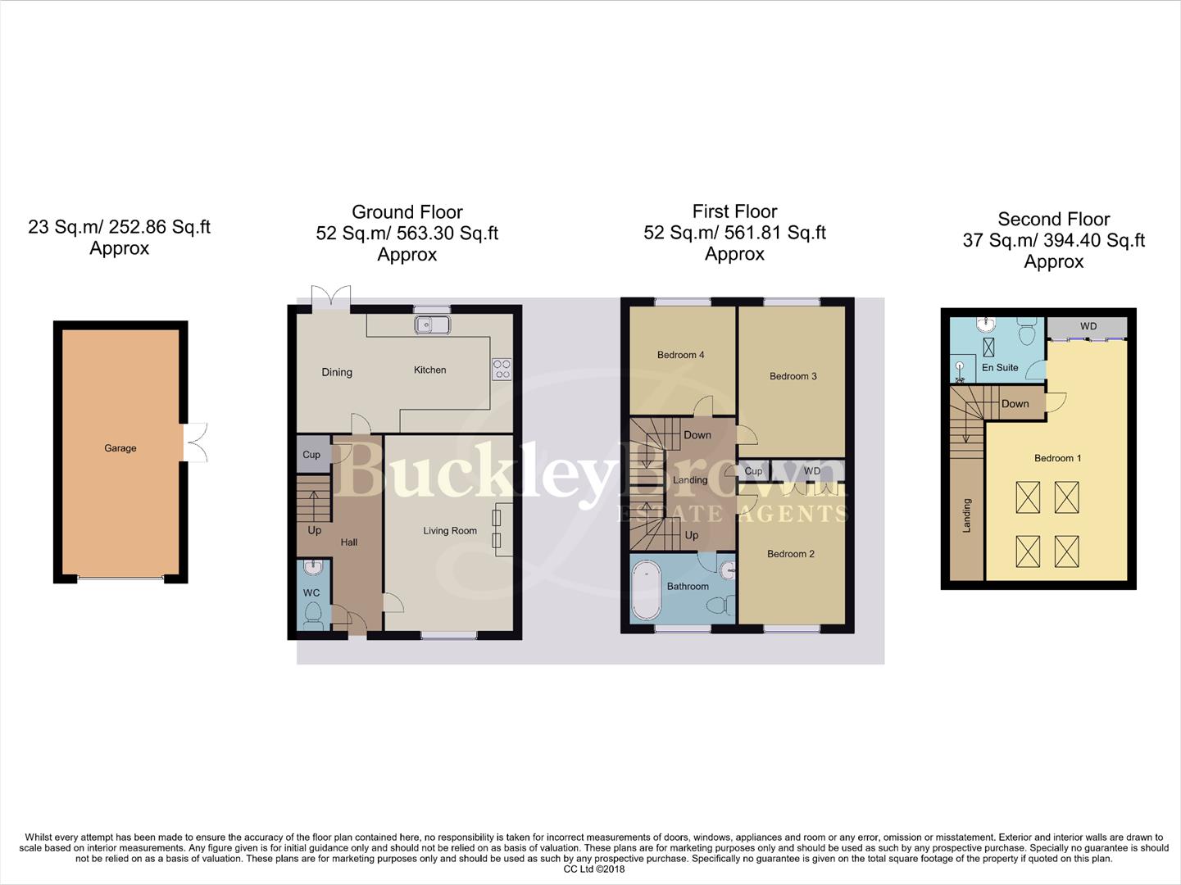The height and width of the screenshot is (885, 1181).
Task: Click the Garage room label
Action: [120, 448]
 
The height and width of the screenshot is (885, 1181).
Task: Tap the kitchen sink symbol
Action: [432, 325]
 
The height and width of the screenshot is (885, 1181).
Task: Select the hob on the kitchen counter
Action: [502, 369]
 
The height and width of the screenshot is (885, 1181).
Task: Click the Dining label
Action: [337, 372]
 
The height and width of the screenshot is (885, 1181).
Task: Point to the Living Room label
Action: [450, 531]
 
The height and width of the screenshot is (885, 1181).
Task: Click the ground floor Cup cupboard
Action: [311, 455]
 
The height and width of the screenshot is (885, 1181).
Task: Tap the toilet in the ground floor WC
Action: [313, 615]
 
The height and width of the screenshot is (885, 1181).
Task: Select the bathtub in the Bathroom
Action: [647, 590]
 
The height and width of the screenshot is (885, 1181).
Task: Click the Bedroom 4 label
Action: [680, 355]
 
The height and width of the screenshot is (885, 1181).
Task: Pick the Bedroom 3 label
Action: [793, 376]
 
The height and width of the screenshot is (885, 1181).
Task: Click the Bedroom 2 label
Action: [790, 554]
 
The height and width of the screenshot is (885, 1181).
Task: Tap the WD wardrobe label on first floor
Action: [811, 471]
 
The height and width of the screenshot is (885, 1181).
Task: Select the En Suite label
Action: [1000, 368]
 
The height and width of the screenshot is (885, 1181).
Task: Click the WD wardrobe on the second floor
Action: [1088, 327]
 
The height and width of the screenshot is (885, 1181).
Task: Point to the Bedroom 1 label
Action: [1057, 458]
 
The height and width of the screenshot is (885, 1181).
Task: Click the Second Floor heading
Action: [1053, 220]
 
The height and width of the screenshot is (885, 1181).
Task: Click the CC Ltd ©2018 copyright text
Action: [593, 869]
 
